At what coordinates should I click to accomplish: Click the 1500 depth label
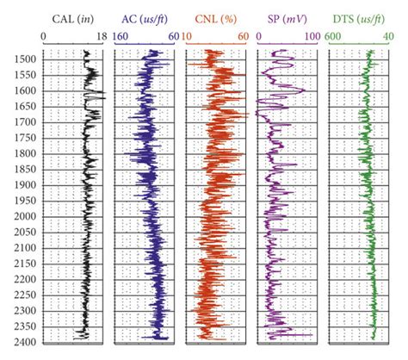tap(23, 59)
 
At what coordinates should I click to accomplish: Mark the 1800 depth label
tap(23, 153)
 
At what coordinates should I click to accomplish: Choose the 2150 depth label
tap(23, 264)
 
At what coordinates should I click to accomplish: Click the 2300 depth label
tap(23, 311)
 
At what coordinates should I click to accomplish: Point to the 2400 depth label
tap(23, 342)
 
